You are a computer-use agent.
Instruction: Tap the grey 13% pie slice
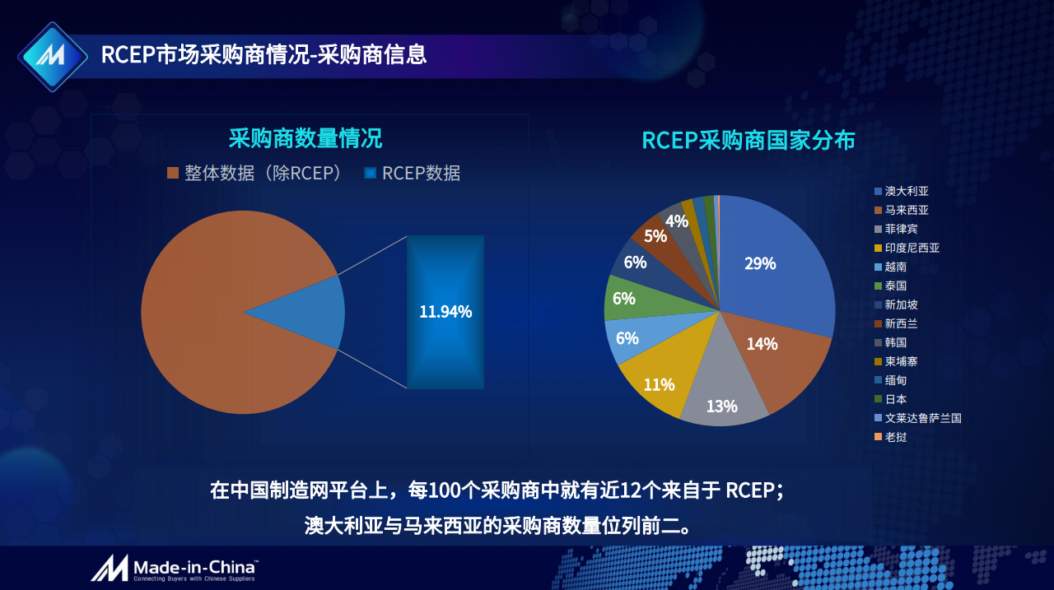pyautogui.click(x=721, y=395)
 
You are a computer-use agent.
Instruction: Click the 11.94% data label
pyautogui.click(x=445, y=312)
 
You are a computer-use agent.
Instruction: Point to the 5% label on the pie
pyautogui.click(x=655, y=236)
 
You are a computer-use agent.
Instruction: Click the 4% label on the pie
pyautogui.click(x=677, y=221)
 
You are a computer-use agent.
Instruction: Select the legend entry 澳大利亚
pyautogui.click(x=906, y=191)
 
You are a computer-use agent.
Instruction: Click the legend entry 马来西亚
pyautogui.click(x=906, y=210)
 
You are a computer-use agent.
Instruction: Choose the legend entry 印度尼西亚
pyautogui.click(x=911, y=248)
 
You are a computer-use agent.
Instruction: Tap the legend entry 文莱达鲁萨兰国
pyautogui.click(x=921, y=418)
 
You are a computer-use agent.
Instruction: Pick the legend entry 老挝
pyautogui.click(x=895, y=437)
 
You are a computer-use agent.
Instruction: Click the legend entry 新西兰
pyautogui.click(x=900, y=323)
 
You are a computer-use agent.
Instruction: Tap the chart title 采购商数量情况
pyautogui.click(x=305, y=138)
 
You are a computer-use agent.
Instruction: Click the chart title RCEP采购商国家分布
pyautogui.click(x=748, y=140)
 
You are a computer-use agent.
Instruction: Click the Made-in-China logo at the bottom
pyautogui.click(x=175, y=568)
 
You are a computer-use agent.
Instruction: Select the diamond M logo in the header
pyautogui.click(x=52, y=56)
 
